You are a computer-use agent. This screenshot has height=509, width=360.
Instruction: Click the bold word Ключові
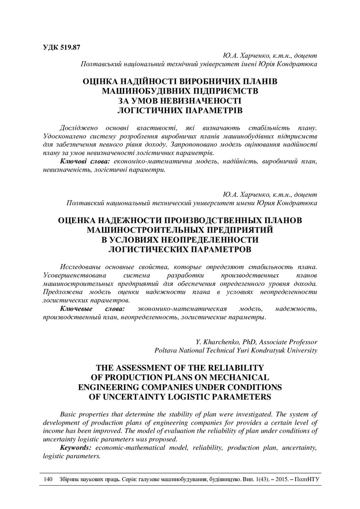point(76,162)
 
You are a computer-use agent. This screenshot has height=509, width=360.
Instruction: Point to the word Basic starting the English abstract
point(69,414)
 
